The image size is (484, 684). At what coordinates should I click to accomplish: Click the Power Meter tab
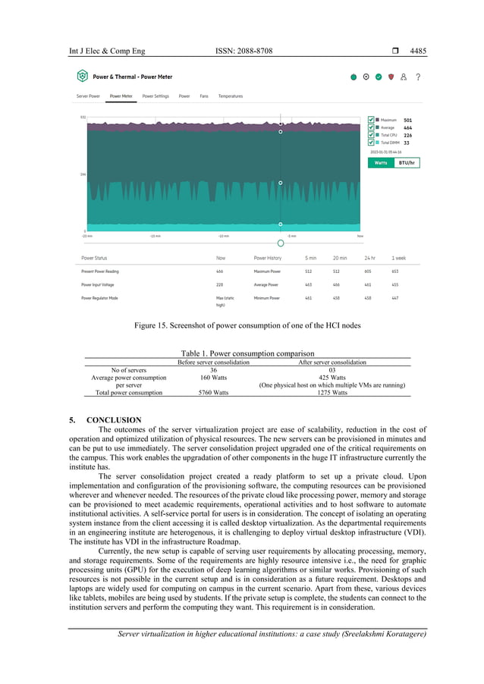pyautogui.click(x=121, y=96)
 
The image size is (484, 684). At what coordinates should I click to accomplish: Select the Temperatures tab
pyautogui.click(x=231, y=96)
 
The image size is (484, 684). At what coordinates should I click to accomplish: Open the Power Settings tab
pyautogui.click(x=156, y=96)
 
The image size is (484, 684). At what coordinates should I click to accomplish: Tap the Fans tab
pyautogui.click(x=204, y=96)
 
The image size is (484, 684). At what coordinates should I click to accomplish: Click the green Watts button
pyautogui.click(x=381, y=162)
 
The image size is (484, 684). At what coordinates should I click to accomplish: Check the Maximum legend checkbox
pyautogui.click(x=371, y=120)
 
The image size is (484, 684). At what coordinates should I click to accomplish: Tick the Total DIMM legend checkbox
pyautogui.click(x=371, y=143)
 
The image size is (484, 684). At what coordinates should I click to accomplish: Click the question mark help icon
pyautogui.click(x=418, y=77)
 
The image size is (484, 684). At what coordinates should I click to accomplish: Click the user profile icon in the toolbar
pyautogui.click(x=404, y=77)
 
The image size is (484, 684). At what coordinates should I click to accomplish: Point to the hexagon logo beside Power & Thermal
pyautogui.click(x=82, y=77)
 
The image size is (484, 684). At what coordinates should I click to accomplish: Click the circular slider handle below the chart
pyautogui.click(x=281, y=243)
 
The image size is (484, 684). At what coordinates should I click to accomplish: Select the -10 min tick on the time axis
pyautogui.click(x=225, y=236)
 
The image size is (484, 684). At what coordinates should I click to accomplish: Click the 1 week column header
pyautogui.click(x=399, y=258)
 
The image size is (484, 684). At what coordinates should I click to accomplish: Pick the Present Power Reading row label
pyautogui.click(x=100, y=271)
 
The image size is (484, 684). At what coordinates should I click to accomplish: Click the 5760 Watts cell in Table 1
pyautogui.click(x=213, y=393)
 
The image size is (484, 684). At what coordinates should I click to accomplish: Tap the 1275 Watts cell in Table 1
pyautogui.click(x=332, y=393)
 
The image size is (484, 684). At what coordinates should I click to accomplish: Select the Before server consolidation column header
pyautogui.click(x=213, y=362)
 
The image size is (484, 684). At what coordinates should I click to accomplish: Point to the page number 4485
pyautogui.click(x=418, y=51)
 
